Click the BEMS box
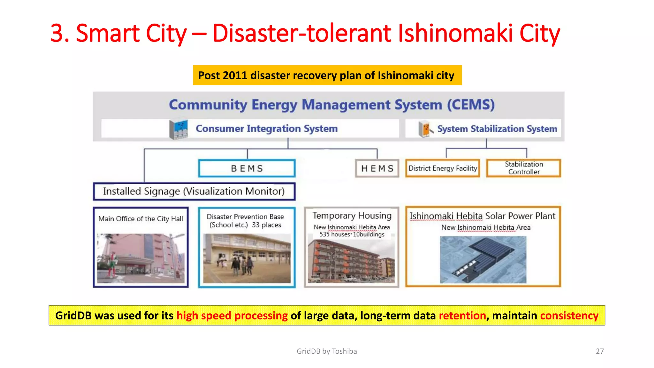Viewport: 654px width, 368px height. [247, 168]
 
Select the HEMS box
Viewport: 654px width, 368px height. [377, 168]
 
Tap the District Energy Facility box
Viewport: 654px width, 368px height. [443, 168]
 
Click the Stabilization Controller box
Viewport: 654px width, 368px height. [524, 168]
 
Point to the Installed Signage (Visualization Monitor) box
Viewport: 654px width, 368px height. [194, 191]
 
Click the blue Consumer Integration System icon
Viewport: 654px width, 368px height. [179, 129]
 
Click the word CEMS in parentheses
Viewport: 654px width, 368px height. [471, 105]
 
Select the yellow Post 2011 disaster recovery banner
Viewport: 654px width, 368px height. [327, 75]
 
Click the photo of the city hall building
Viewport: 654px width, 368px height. [141, 258]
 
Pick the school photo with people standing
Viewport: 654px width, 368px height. [247, 258]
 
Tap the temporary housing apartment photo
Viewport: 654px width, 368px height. [351, 261]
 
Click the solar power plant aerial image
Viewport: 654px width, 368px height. [483, 259]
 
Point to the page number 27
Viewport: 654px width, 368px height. [600, 351]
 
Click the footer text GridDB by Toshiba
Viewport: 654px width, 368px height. [327, 351]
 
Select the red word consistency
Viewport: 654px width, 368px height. [569, 316]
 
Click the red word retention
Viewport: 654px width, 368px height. [462, 316]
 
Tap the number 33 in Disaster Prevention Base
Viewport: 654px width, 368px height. [255, 225]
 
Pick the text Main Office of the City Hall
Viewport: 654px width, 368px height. [141, 219]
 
